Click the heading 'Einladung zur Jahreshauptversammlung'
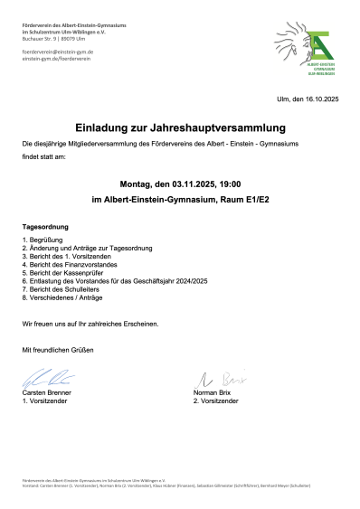[180, 127]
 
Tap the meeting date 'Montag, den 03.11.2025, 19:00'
[180, 182]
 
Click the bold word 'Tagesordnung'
[46, 226]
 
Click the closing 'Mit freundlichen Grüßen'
[58, 349]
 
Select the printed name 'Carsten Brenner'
[48, 392]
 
